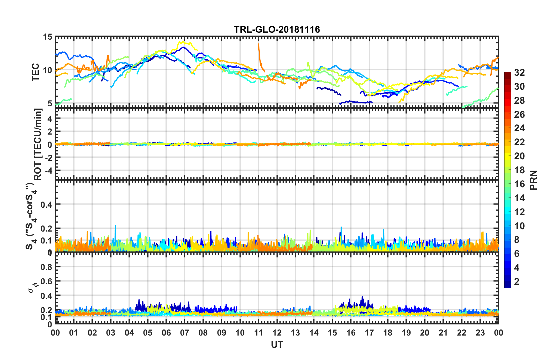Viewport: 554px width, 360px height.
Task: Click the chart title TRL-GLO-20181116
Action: pos(277,29)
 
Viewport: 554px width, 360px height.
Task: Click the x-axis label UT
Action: pos(277,345)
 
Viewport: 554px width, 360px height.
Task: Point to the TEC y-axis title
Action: pos(36,72)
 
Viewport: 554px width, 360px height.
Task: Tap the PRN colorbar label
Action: pos(534,180)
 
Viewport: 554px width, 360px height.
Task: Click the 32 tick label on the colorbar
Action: pos(519,73)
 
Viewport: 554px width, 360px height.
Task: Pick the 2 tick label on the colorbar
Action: pos(517,281)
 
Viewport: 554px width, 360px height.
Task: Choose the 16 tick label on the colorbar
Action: pos(519,184)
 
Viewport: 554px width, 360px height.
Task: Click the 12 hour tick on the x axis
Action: pos(277,333)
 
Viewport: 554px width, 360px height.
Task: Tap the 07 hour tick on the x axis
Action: pos(185,333)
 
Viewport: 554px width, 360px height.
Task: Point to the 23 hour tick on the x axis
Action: pos(480,333)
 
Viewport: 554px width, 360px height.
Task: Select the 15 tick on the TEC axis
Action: pos(47,37)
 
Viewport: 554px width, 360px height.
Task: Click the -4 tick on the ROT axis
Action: pos(48,170)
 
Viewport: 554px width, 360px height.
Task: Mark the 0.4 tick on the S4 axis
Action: pos(46,204)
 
